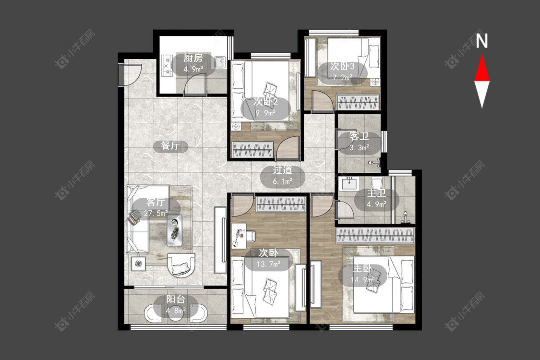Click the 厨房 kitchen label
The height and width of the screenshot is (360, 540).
click(x=193, y=58)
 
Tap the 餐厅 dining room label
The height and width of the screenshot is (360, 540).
click(x=170, y=146)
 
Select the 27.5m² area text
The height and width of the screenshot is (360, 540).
click(x=156, y=213)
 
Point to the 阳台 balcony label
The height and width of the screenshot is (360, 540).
click(x=176, y=300)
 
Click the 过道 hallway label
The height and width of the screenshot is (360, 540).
click(x=282, y=170)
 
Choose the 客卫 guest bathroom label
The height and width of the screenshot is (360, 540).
click(x=359, y=136)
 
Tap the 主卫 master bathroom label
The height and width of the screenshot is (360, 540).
click(x=376, y=193)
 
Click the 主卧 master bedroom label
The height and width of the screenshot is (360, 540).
click(x=362, y=268)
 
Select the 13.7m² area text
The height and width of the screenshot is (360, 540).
click(x=268, y=264)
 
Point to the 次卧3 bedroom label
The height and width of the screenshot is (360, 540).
click(x=342, y=66)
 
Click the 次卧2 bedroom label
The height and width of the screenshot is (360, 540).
click(x=265, y=102)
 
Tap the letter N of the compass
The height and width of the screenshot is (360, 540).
click(x=482, y=40)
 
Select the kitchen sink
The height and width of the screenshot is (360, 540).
click(x=219, y=62)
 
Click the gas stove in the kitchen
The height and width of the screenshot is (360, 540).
click(x=167, y=65)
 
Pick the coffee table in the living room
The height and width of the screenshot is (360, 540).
click(x=175, y=230)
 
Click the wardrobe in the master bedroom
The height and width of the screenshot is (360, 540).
click(x=375, y=236)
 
